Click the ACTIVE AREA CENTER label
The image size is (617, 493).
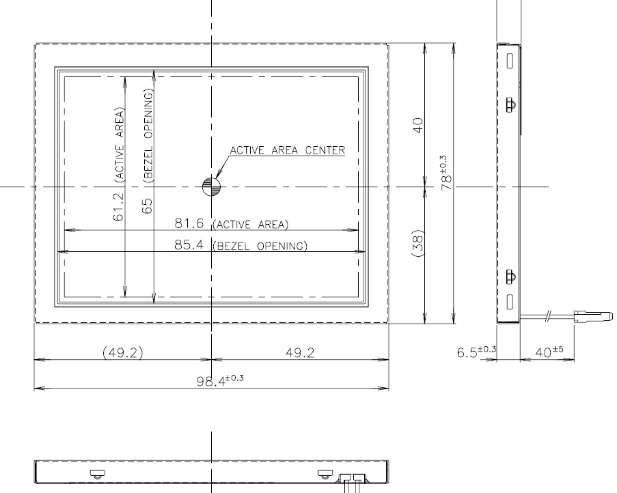coord(287,150)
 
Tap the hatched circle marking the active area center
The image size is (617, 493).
coord(211,186)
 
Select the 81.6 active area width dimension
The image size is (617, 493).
coord(189,223)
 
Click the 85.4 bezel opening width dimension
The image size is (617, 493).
coord(189,245)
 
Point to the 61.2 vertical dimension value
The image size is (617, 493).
coord(118,206)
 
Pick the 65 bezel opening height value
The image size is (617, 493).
coord(147,206)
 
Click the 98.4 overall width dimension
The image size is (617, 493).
coord(220,380)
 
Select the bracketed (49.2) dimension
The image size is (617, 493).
coord(122,352)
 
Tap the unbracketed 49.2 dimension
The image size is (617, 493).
coord(300,352)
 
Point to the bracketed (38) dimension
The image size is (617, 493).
coord(418,243)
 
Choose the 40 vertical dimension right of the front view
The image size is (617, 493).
coord(418,126)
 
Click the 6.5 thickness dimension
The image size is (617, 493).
coord(476,351)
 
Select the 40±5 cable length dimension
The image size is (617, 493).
coord(549,352)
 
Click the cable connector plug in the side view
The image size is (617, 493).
coord(593,316)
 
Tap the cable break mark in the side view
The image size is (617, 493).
coord(548,315)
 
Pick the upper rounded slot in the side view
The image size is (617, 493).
coord(510,61)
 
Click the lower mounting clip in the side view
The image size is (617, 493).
coord(510,277)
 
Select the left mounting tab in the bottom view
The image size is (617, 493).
coord(97,474)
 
